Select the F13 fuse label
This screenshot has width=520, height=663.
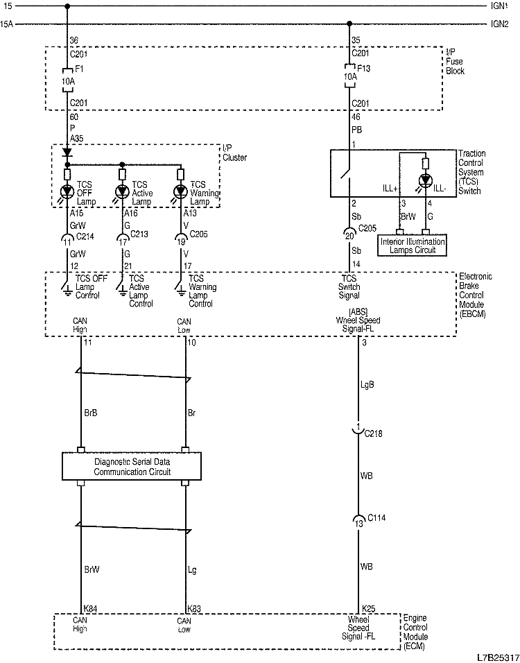point(365,70)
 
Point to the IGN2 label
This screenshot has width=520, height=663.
point(500,24)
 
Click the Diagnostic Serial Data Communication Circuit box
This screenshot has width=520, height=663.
point(132,466)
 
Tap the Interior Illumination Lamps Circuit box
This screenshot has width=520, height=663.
point(413,246)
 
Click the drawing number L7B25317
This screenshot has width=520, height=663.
point(496,655)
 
